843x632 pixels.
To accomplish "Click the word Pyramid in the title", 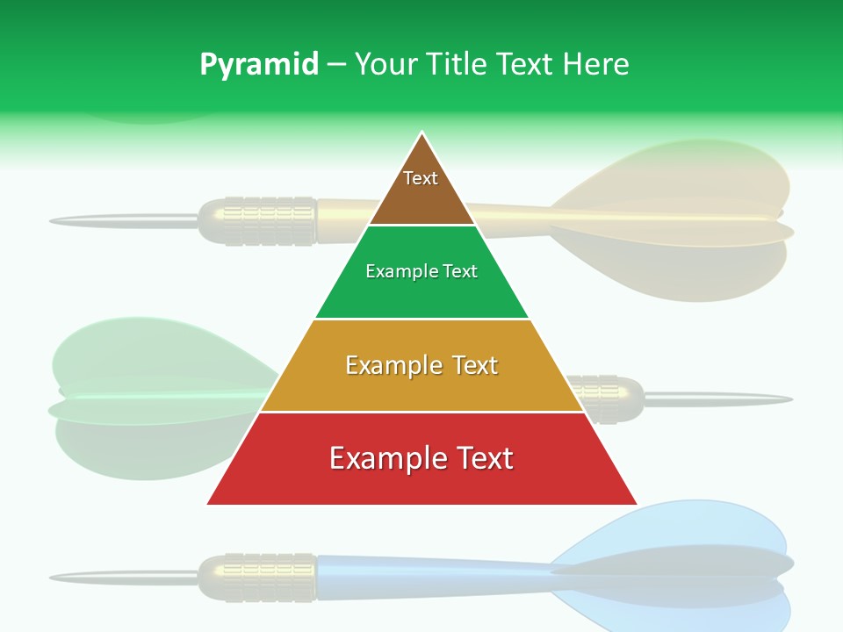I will click(258, 65).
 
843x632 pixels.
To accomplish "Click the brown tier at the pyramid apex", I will click(421, 189).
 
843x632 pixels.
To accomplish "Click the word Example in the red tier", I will click(381, 458).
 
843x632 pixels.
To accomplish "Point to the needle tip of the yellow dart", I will click(54, 219).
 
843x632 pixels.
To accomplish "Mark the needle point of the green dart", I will click(788, 399).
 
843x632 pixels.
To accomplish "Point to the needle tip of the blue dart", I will click(54, 577).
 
